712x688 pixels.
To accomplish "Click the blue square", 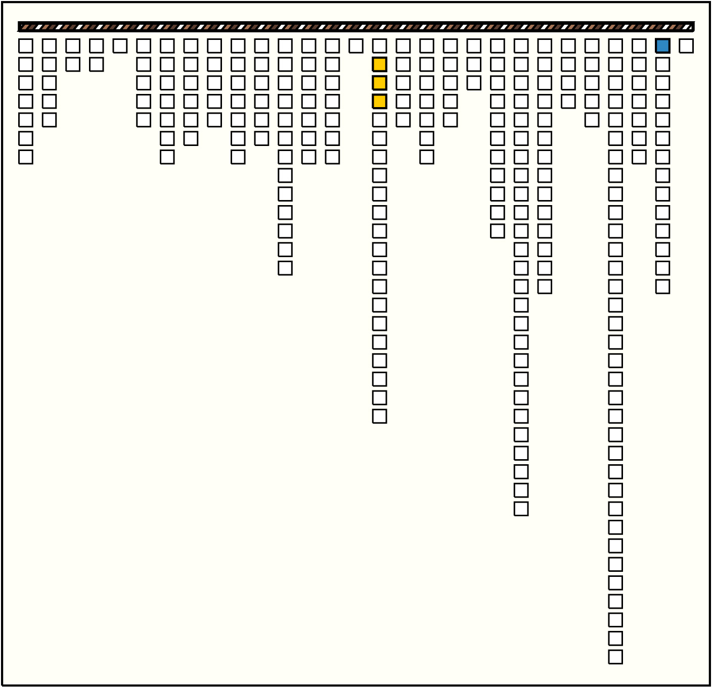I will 662,46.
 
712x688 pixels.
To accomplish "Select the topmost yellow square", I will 379,65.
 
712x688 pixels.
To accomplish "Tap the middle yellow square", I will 379,83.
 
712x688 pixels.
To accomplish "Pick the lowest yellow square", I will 379,102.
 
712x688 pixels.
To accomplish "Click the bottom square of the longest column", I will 615,657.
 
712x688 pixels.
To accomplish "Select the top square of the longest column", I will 615,46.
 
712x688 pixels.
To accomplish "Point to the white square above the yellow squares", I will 379,46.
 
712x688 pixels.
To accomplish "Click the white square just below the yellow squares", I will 379,120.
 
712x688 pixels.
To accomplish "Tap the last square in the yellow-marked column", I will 379,416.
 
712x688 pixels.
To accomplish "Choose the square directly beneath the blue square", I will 662,65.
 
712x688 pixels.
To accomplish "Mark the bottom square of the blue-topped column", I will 662,286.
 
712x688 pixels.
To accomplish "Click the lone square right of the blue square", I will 686,46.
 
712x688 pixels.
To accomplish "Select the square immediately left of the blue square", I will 639,46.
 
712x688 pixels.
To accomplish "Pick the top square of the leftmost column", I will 26,46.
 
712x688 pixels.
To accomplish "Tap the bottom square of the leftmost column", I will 26,157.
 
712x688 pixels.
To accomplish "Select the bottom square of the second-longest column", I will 521,509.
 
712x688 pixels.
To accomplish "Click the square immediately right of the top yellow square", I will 403,65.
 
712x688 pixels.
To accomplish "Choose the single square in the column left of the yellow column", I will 356,46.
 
